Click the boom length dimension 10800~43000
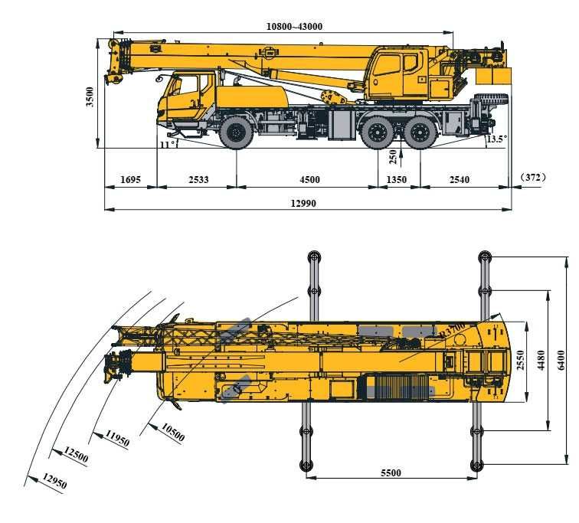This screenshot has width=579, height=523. (294, 26)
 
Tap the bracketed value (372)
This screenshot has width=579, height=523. (532, 178)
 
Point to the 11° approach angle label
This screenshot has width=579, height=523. (168, 143)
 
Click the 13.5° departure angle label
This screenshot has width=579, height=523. (496, 139)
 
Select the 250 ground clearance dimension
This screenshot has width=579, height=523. (393, 157)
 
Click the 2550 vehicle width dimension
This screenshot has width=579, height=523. (520, 359)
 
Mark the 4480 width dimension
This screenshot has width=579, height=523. (541, 359)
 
